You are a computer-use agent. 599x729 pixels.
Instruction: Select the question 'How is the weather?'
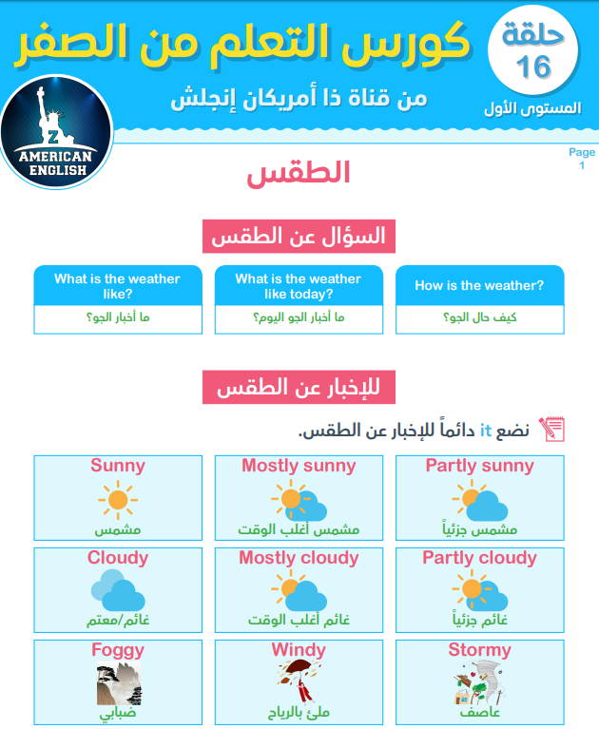click(x=479, y=285)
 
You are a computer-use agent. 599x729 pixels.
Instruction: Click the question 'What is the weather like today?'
click(x=299, y=286)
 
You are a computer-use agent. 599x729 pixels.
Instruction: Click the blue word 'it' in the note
click(x=484, y=431)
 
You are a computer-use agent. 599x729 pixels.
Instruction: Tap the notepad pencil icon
click(x=551, y=429)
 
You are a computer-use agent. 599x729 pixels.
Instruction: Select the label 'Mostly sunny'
click(x=299, y=466)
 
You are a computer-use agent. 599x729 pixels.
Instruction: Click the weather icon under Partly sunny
click(x=479, y=500)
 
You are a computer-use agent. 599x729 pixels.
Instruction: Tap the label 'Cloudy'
click(x=118, y=558)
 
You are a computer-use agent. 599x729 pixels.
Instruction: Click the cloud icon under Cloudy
click(x=118, y=591)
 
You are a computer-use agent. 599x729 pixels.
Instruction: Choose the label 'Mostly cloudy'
click(x=299, y=558)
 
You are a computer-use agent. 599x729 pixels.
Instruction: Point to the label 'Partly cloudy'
click(x=479, y=558)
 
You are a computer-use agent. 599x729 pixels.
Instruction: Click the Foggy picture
click(x=118, y=683)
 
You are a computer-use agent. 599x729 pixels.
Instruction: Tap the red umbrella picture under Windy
click(x=297, y=683)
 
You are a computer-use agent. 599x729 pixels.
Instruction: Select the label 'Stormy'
click(x=479, y=651)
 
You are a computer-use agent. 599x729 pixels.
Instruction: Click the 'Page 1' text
click(x=581, y=159)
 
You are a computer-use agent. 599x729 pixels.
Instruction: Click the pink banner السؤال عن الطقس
click(x=299, y=237)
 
